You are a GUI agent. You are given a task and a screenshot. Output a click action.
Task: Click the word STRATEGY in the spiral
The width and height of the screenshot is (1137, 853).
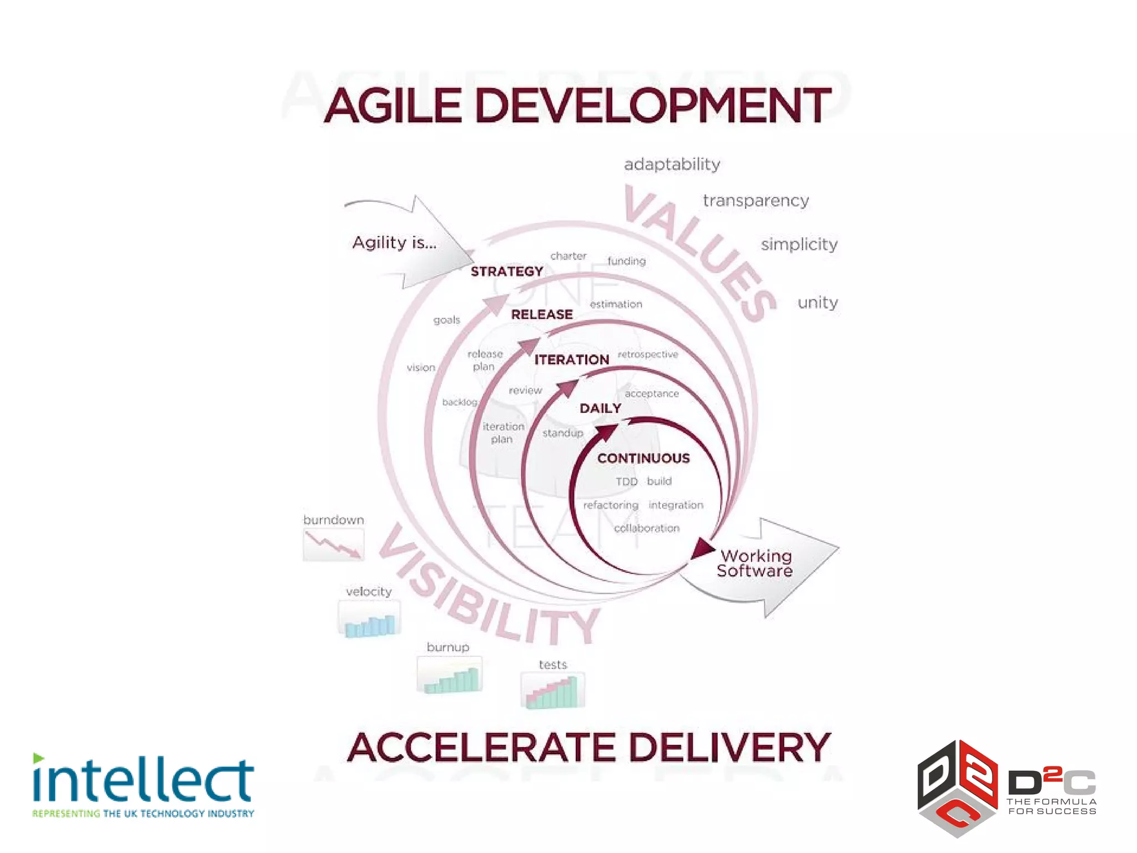coord(507,272)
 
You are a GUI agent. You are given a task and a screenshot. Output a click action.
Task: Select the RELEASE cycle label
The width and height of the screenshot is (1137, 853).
coord(542,315)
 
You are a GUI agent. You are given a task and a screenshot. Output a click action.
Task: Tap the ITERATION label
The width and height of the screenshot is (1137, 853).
coord(572,360)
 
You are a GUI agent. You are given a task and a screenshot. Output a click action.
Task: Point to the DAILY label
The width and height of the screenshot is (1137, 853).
coord(600,409)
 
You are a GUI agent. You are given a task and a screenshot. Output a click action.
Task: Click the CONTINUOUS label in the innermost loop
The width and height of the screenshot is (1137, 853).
coord(643,458)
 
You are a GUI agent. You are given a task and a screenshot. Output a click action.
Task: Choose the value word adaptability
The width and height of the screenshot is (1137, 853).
coord(672,164)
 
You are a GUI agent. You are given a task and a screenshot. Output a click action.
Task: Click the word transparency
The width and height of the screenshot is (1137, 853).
coord(756,200)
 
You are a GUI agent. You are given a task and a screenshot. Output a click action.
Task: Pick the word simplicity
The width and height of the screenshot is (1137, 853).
coord(799,244)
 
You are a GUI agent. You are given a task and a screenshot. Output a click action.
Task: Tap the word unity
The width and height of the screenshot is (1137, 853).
coord(817,303)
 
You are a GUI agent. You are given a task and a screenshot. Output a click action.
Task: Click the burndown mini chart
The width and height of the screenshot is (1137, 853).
coord(334,545)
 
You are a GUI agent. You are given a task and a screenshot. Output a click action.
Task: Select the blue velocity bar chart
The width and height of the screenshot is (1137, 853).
coord(369,619)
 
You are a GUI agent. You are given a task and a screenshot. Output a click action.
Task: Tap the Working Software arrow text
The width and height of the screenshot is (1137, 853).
coord(755,563)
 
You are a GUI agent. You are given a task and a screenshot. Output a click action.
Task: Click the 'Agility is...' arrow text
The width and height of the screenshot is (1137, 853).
coord(394,243)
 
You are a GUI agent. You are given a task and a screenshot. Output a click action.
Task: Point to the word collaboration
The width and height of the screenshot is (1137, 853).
coord(647,528)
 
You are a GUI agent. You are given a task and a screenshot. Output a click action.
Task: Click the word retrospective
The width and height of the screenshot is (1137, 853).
coord(648,354)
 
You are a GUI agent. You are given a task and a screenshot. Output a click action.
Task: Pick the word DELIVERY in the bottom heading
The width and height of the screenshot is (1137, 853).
coord(730,747)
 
